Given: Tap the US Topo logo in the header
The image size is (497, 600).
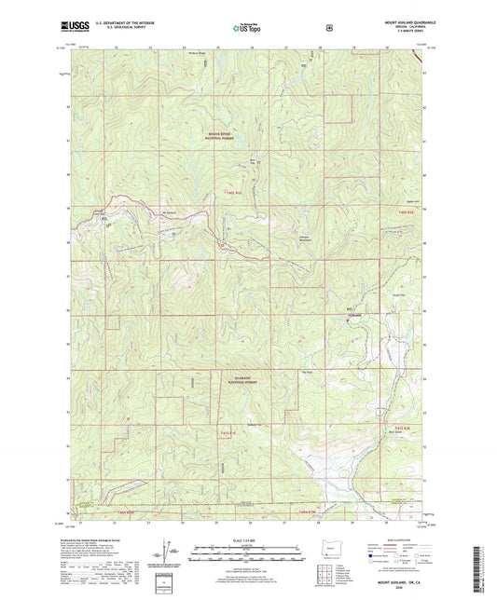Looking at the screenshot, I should (x=246, y=29).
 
